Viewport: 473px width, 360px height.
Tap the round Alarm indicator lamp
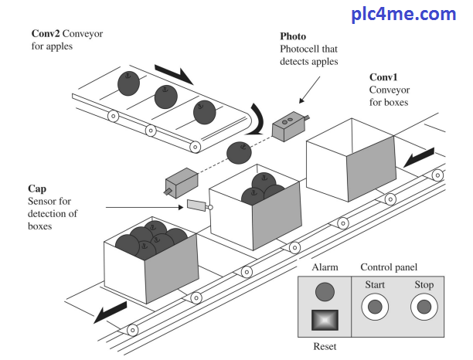point(325,291)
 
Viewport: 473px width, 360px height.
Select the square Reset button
point(325,321)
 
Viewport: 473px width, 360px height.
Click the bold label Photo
point(293,36)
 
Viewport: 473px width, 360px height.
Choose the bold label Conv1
point(384,77)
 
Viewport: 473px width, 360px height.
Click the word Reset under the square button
point(325,348)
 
